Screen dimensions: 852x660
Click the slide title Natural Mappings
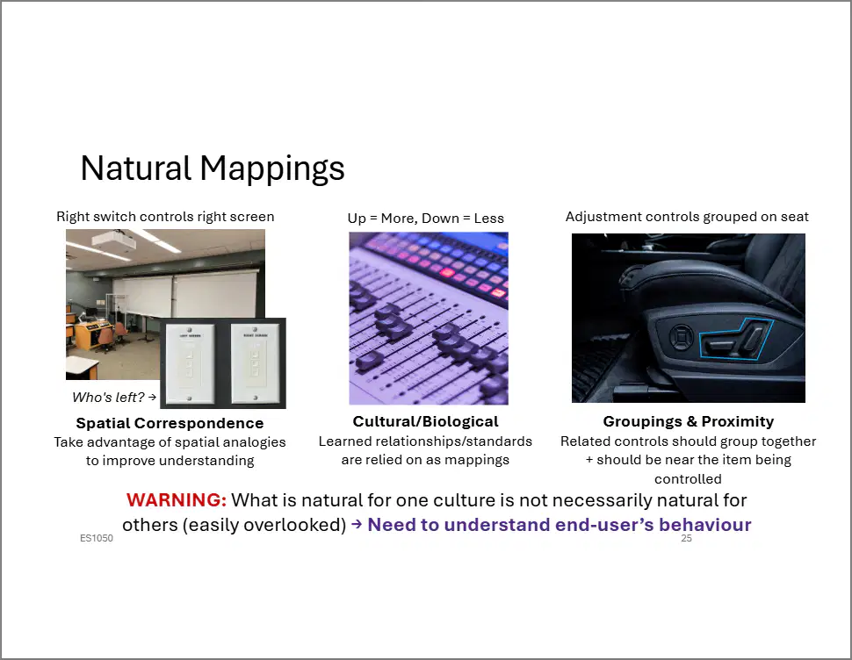[213, 169]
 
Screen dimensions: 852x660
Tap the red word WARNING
[176, 500]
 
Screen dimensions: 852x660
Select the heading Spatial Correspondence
[170, 423]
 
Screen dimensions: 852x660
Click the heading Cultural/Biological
[425, 422]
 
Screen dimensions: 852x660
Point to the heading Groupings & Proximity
[689, 422]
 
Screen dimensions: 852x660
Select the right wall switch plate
[255, 363]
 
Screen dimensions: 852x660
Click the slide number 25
[686, 538]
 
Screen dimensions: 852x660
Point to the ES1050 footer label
[96, 538]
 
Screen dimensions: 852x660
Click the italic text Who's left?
[108, 398]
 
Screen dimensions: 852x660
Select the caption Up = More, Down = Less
[425, 219]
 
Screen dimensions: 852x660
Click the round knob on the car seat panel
[680, 337]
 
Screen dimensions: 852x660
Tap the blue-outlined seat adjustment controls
[734, 340]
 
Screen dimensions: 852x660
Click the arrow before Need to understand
[357, 524]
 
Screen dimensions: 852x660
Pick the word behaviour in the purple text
[704, 525]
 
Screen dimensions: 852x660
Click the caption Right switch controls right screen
[165, 217]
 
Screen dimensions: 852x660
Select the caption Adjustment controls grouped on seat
[687, 217]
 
